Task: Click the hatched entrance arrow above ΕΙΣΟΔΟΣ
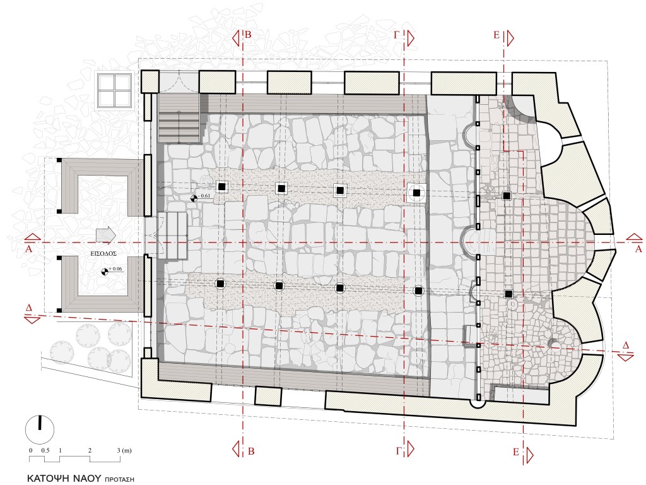106,235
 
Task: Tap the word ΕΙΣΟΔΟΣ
103,254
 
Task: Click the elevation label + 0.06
115,269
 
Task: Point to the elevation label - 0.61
204,196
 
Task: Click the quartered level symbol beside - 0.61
193,199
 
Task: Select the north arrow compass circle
40,429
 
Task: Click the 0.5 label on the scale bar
45,450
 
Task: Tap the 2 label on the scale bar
90,450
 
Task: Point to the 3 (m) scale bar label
124,450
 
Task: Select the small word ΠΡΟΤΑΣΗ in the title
119,479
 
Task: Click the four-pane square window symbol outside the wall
115,90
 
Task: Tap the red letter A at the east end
638,249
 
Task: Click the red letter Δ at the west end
29,308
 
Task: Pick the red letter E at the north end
496,35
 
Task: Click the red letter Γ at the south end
398,451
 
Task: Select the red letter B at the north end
248,35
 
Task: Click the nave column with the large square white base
416,193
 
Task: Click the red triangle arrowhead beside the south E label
529,455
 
